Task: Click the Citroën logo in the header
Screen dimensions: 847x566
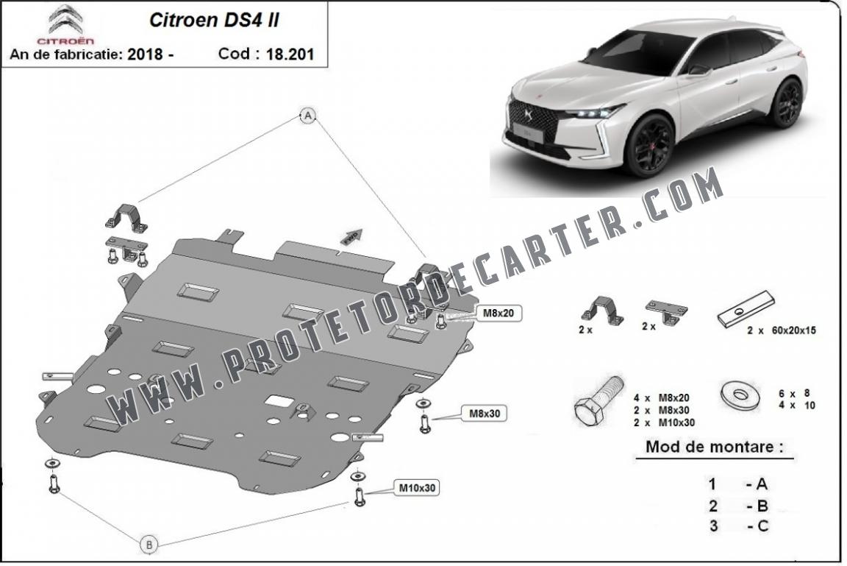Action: tap(65, 25)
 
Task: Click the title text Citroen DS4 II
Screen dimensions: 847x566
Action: tap(214, 20)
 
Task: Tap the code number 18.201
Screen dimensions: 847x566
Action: tap(290, 54)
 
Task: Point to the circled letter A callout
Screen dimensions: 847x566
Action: tap(308, 115)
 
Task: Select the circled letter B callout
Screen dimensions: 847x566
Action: tap(149, 544)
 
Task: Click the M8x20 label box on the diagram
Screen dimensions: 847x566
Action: tap(498, 313)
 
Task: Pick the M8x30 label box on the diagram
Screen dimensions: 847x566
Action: tap(484, 414)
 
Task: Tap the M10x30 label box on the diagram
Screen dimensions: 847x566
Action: tap(416, 488)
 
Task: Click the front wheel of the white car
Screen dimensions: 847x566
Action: tap(648, 146)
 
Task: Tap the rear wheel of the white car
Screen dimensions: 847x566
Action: tap(787, 103)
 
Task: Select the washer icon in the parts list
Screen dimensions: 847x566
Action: tap(740, 396)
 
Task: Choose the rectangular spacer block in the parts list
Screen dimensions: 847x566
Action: tap(746, 309)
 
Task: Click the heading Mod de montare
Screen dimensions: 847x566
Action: tap(714, 447)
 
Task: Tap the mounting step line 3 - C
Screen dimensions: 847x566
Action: tap(740, 526)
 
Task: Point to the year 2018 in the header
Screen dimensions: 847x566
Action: tap(146, 54)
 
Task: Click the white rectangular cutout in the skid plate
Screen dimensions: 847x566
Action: tap(279, 401)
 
